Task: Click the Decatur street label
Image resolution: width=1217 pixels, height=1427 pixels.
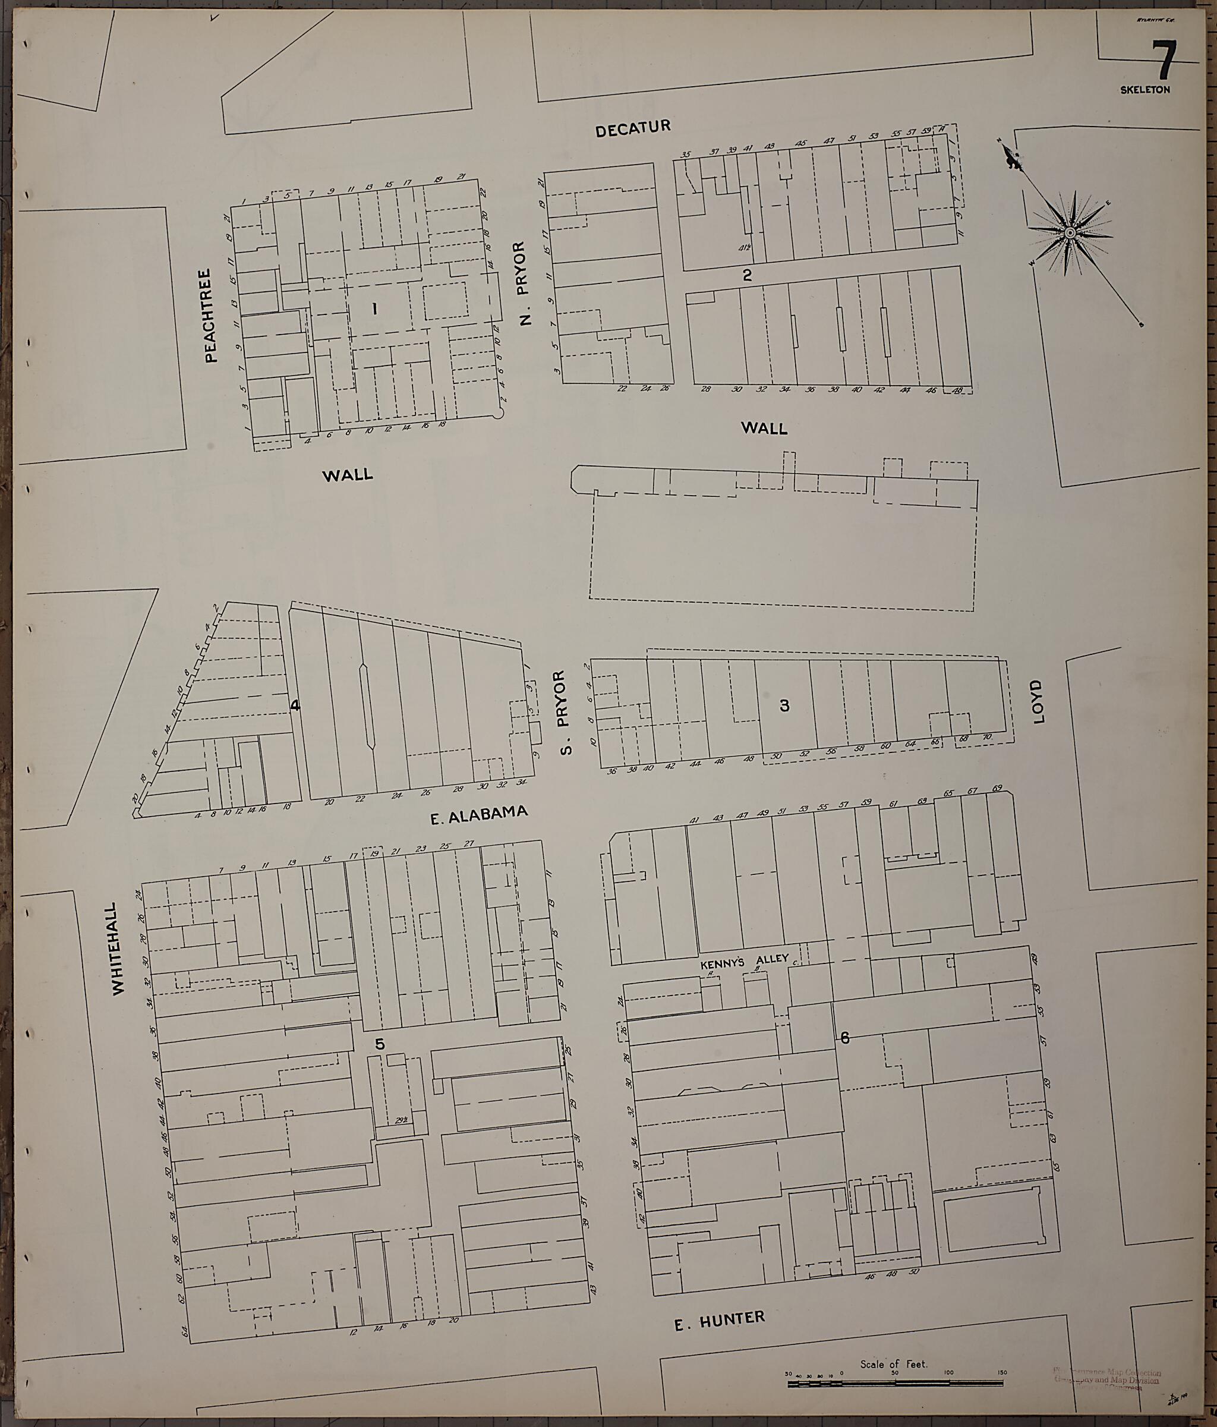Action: click(632, 128)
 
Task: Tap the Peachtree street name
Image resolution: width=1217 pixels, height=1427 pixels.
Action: click(211, 315)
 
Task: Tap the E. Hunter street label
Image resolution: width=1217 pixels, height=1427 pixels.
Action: click(719, 1320)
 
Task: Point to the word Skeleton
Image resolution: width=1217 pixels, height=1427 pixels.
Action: click(1145, 90)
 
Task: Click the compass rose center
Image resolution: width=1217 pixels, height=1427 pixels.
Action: click(1070, 234)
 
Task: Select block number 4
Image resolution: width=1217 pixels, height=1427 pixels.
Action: click(295, 705)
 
